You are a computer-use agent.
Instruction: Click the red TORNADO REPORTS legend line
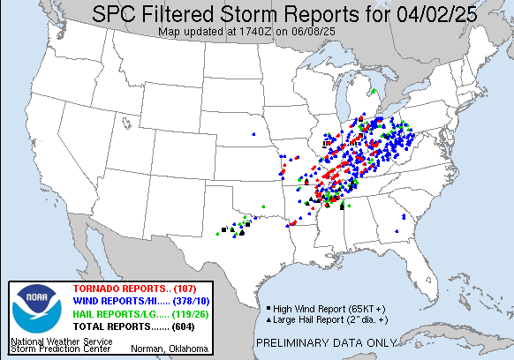(x=125, y=290)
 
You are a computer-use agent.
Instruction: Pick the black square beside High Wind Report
(x=268, y=308)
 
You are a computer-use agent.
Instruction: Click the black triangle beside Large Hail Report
(x=268, y=319)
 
